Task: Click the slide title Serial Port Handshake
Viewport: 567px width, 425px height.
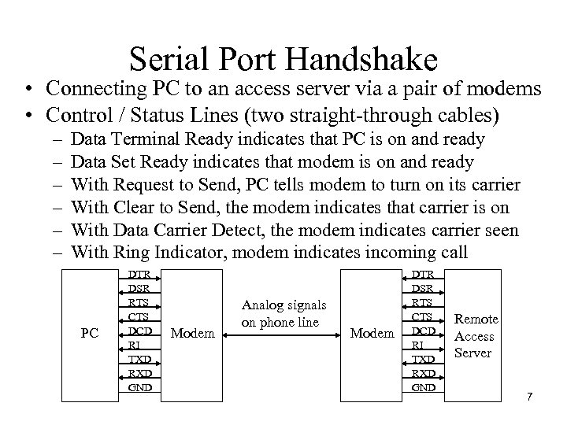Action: [283, 60]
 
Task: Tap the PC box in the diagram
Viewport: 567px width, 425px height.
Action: [90, 333]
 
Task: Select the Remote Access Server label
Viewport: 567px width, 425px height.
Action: [476, 336]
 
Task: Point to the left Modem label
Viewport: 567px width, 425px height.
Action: [192, 334]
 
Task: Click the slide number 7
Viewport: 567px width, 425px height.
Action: [530, 395]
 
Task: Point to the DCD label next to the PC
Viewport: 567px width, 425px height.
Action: [139, 331]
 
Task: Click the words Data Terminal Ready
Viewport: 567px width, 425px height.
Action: [150, 139]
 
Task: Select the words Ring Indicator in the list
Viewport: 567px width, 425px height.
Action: [162, 253]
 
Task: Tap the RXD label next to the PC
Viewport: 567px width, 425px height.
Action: [139, 373]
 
